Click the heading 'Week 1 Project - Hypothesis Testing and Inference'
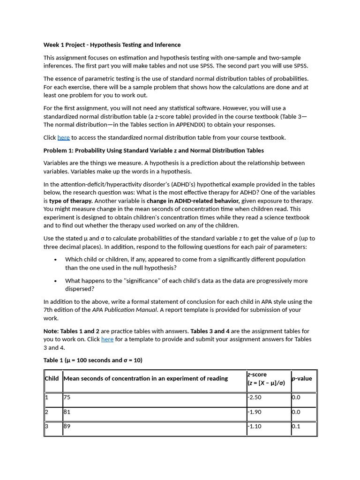pos(112,45)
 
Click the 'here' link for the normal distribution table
pos(63,137)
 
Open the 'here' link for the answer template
pos(107,339)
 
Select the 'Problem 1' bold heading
pos(153,150)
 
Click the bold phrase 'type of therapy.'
pos(71,201)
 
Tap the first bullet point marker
pos(56,259)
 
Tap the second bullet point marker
pos(56,281)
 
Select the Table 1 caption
pos(93,360)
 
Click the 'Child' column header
pos(52,379)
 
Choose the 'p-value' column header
pos(302,379)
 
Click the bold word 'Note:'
pos(51,331)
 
